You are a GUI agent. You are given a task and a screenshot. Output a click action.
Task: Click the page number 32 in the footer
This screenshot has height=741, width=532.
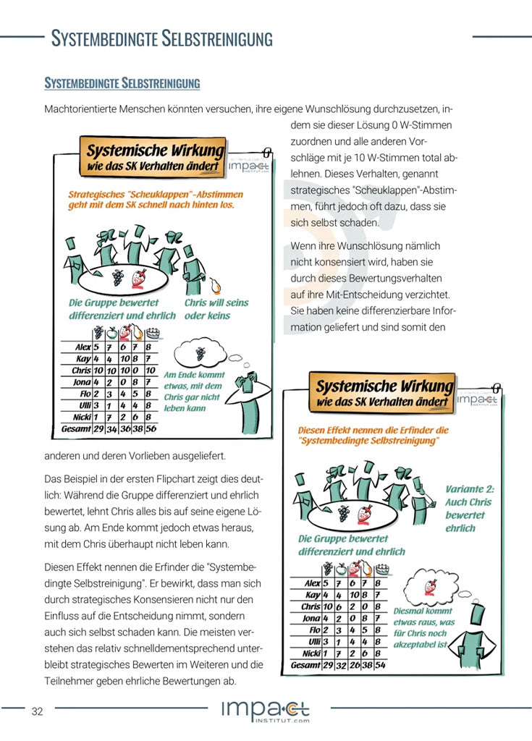[x=37, y=711]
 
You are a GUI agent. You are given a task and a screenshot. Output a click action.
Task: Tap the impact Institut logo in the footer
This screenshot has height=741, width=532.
[x=266, y=711]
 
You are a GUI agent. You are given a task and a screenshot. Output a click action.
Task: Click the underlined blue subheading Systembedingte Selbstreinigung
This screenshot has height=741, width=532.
[x=122, y=83]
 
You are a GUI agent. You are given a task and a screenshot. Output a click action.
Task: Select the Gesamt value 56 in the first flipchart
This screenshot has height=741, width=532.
[x=151, y=429]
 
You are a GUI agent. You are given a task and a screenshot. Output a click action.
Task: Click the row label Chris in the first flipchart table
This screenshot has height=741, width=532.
[x=81, y=370]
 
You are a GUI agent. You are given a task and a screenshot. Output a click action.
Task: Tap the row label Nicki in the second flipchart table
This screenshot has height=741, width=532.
[x=311, y=653]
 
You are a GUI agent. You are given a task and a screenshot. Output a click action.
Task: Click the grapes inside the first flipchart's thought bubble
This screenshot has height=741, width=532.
[x=200, y=353]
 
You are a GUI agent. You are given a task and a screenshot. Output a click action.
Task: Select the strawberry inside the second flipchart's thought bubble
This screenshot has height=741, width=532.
[x=431, y=586]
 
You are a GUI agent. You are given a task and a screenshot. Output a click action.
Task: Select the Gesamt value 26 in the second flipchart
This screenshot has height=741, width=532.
[x=352, y=664]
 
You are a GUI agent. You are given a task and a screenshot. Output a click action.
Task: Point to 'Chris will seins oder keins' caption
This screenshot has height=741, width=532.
[x=216, y=309]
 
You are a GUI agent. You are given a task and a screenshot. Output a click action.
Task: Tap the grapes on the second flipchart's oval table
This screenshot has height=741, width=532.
[x=345, y=513]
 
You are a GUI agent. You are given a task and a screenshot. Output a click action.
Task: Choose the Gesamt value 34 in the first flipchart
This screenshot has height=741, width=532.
[x=111, y=429]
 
